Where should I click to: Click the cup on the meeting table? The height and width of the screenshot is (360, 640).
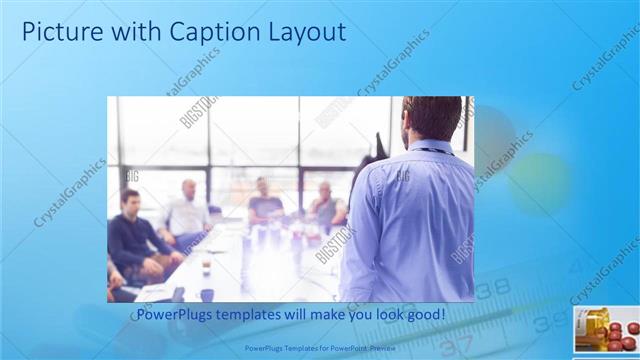(206, 268)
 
